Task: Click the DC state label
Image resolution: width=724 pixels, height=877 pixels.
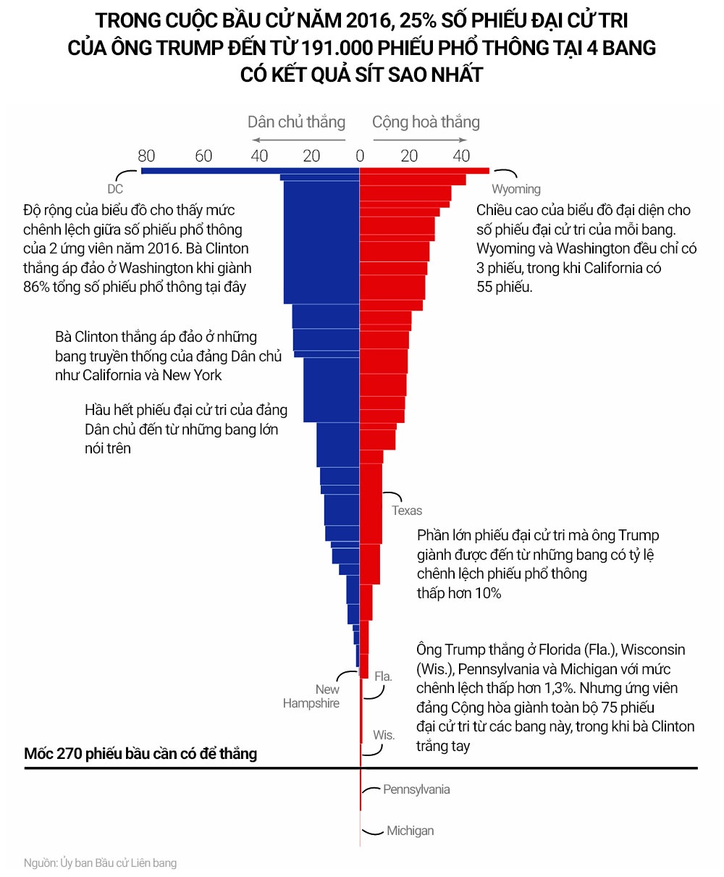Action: (115, 190)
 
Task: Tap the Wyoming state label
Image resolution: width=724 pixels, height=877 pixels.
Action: (516, 190)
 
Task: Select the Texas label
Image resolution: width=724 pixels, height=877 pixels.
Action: (407, 511)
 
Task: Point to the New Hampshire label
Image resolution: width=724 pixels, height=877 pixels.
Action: (311, 697)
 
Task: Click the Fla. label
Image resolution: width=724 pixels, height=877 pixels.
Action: (383, 676)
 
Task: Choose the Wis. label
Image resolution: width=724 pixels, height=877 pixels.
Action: (384, 735)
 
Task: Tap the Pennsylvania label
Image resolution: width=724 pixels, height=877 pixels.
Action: (416, 789)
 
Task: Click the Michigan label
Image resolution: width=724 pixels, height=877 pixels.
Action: (410, 831)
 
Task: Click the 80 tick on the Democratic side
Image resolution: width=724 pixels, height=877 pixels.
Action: (146, 156)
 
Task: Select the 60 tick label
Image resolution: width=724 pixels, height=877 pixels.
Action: (203, 156)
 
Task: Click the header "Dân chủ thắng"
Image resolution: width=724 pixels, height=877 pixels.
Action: (296, 122)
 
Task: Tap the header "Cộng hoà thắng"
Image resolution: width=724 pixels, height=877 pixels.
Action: (426, 122)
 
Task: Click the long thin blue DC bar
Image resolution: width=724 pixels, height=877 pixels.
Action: (210, 171)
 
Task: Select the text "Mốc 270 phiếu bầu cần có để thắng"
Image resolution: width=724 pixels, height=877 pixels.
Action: (140, 754)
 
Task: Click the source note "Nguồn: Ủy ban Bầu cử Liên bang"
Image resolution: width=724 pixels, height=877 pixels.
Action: (100, 863)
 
